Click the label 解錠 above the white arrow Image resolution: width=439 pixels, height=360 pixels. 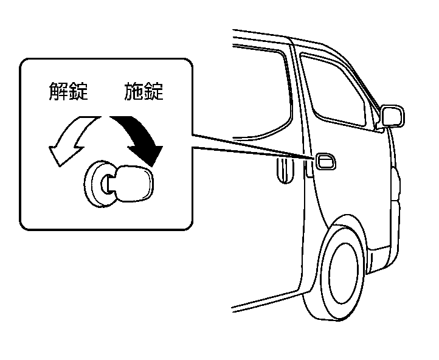pos(68,92)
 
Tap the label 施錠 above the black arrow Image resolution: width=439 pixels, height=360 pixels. pos(143,92)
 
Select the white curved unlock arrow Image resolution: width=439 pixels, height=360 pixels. pos(70,139)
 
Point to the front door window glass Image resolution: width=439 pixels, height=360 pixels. pos(334,91)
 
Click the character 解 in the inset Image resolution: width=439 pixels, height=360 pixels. pos(58,92)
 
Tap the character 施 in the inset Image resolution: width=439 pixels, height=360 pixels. pos(134,92)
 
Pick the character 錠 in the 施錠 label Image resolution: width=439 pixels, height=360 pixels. pos(154,92)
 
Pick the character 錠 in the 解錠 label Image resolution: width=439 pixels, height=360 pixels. pos(78,92)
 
